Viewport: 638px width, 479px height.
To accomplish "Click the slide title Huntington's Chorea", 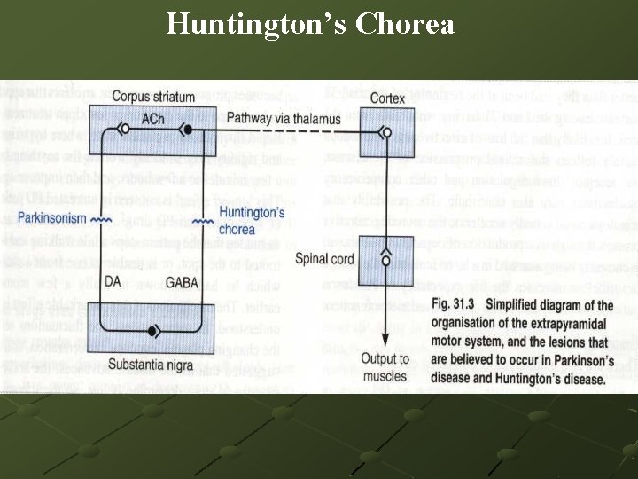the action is (x=310, y=23).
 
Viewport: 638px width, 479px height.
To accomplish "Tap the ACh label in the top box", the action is (x=152, y=119).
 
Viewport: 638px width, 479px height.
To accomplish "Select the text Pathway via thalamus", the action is (x=278, y=118).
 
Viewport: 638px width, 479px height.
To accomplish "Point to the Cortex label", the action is (x=389, y=97).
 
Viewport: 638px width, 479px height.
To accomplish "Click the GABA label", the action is (x=183, y=281).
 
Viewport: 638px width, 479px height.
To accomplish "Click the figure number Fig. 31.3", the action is (x=456, y=304).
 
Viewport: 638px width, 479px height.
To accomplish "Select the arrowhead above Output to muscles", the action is (x=385, y=345).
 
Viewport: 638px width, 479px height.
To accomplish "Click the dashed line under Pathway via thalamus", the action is (x=284, y=131).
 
